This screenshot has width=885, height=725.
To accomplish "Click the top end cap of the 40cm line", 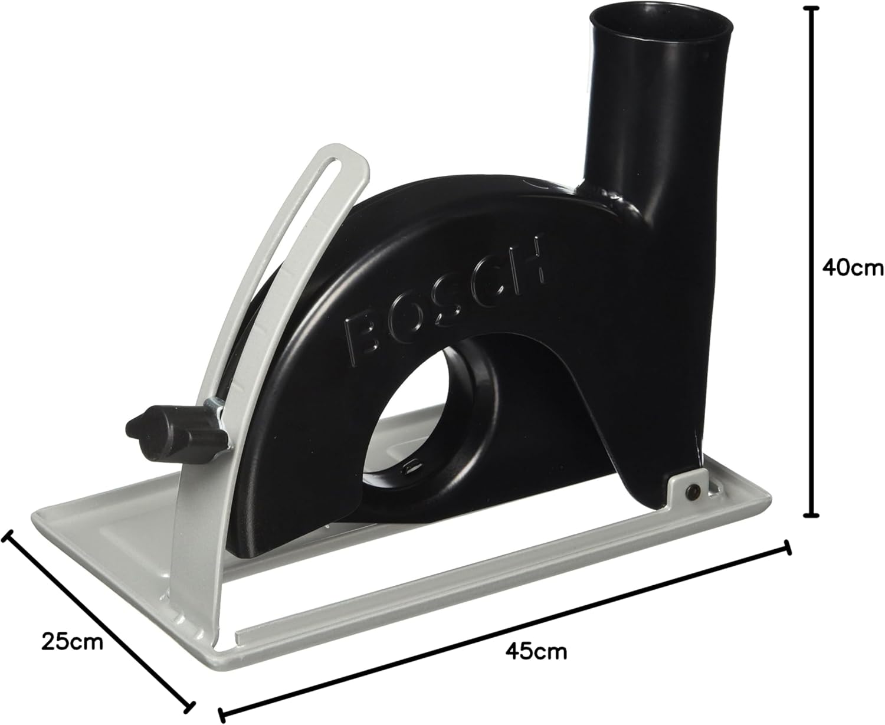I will (814, 8).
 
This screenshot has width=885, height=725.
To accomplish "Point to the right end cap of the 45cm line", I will (786, 547).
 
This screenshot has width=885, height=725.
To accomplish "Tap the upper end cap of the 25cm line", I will (6, 534).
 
